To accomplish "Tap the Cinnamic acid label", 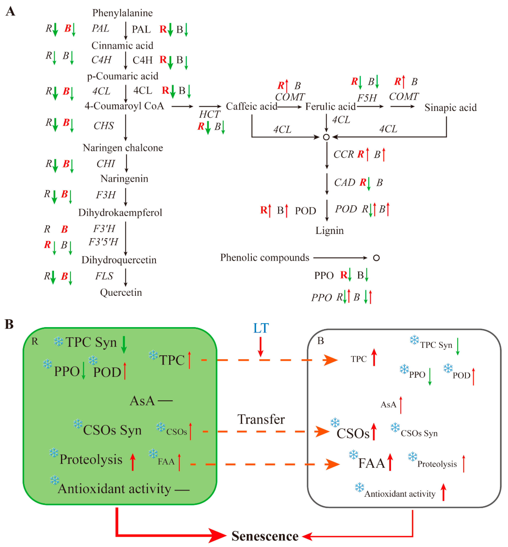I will pos(122,46).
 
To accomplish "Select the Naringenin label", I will pos(124,179).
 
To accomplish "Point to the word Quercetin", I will pos(121,293).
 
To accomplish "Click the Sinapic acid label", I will pos(450,108).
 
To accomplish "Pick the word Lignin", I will pos(329,231).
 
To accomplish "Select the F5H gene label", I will pos(367,98).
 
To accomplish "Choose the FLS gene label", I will pos(104,276).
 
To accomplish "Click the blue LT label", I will pos(261,328).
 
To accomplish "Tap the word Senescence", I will pos(265,536).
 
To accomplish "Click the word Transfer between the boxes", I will pos(261,419).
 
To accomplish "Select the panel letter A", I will pos(11,12).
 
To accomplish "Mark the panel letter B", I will pos(9,324).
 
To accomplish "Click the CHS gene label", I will pos(104,126).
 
